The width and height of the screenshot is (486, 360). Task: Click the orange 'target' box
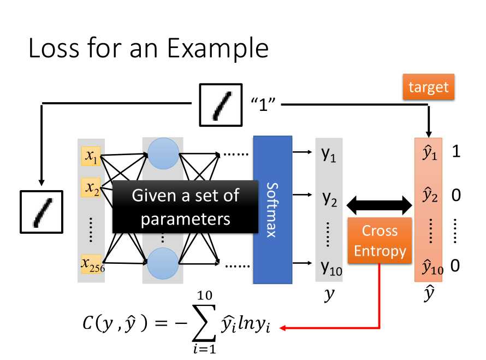coord(428,87)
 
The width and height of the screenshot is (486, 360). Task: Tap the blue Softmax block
coord(272,209)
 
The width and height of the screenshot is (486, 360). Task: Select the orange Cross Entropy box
coord(380,240)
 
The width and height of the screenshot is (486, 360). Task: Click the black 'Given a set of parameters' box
coord(185,208)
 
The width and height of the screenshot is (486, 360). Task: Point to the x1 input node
coord(91,157)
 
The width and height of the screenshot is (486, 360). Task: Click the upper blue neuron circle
coord(163,154)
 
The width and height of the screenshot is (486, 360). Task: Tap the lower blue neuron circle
coord(163,264)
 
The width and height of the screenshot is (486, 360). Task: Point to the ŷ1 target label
coord(430,154)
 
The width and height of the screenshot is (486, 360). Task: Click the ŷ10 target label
coord(431,267)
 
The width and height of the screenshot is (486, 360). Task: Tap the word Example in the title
coord(218,49)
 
